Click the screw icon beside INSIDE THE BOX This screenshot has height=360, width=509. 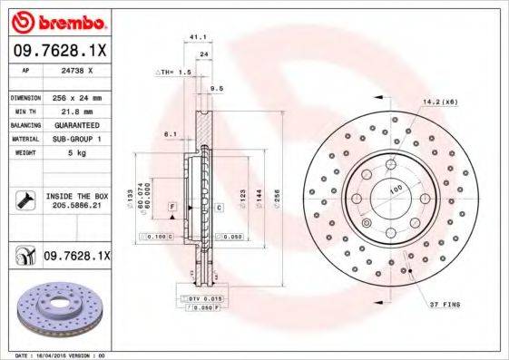24,200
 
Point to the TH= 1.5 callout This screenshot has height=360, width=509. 174,72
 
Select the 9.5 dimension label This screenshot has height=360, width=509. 216,88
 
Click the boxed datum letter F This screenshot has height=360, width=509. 171,208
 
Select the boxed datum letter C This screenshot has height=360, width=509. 219,208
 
